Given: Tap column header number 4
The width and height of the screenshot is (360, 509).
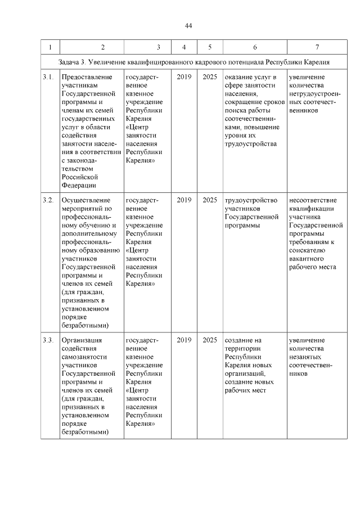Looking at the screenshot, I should (184, 47).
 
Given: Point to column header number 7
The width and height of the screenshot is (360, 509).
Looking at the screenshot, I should (317, 47).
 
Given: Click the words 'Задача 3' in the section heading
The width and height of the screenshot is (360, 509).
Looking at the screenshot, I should (72, 61).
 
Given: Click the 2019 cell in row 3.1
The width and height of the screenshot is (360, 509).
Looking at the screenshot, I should (184, 76).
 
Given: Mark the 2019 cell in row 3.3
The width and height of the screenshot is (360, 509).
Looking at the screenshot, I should (184, 340).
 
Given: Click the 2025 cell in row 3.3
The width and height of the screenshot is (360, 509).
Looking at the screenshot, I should (209, 340).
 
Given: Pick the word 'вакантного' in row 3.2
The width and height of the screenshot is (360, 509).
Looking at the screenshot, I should (305, 258).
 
